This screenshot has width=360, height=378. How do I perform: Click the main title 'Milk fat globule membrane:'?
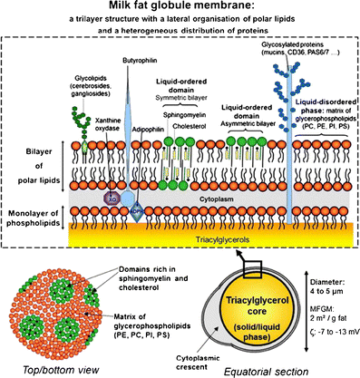coord(179,8)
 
